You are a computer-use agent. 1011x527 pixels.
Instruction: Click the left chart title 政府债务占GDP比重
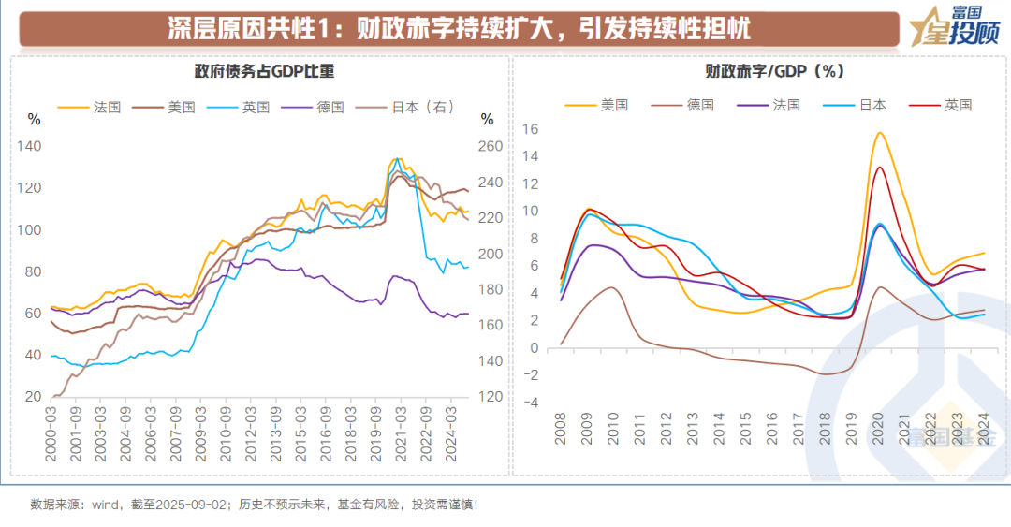point(264,71)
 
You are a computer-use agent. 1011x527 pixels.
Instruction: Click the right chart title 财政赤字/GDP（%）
point(762,71)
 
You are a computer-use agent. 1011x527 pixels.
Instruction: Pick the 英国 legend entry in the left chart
point(256,107)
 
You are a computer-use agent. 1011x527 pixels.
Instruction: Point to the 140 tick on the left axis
point(30,146)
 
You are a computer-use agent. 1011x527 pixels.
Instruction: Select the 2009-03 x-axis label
point(198,432)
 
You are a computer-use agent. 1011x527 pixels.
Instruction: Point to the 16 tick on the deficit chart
point(530,129)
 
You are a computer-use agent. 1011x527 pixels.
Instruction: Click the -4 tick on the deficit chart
point(530,403)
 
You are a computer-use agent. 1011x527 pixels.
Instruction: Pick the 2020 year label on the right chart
point(879,432)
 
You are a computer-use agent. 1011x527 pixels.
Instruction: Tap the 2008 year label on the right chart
point(561,432)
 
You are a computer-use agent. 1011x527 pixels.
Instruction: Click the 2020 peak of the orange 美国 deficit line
point(880,133)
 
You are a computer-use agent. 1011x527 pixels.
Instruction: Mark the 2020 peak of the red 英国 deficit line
point(880,168)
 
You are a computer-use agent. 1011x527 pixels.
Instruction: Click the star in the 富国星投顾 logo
point(927,25)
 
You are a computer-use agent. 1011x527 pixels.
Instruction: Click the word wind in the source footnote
point(105,505)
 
